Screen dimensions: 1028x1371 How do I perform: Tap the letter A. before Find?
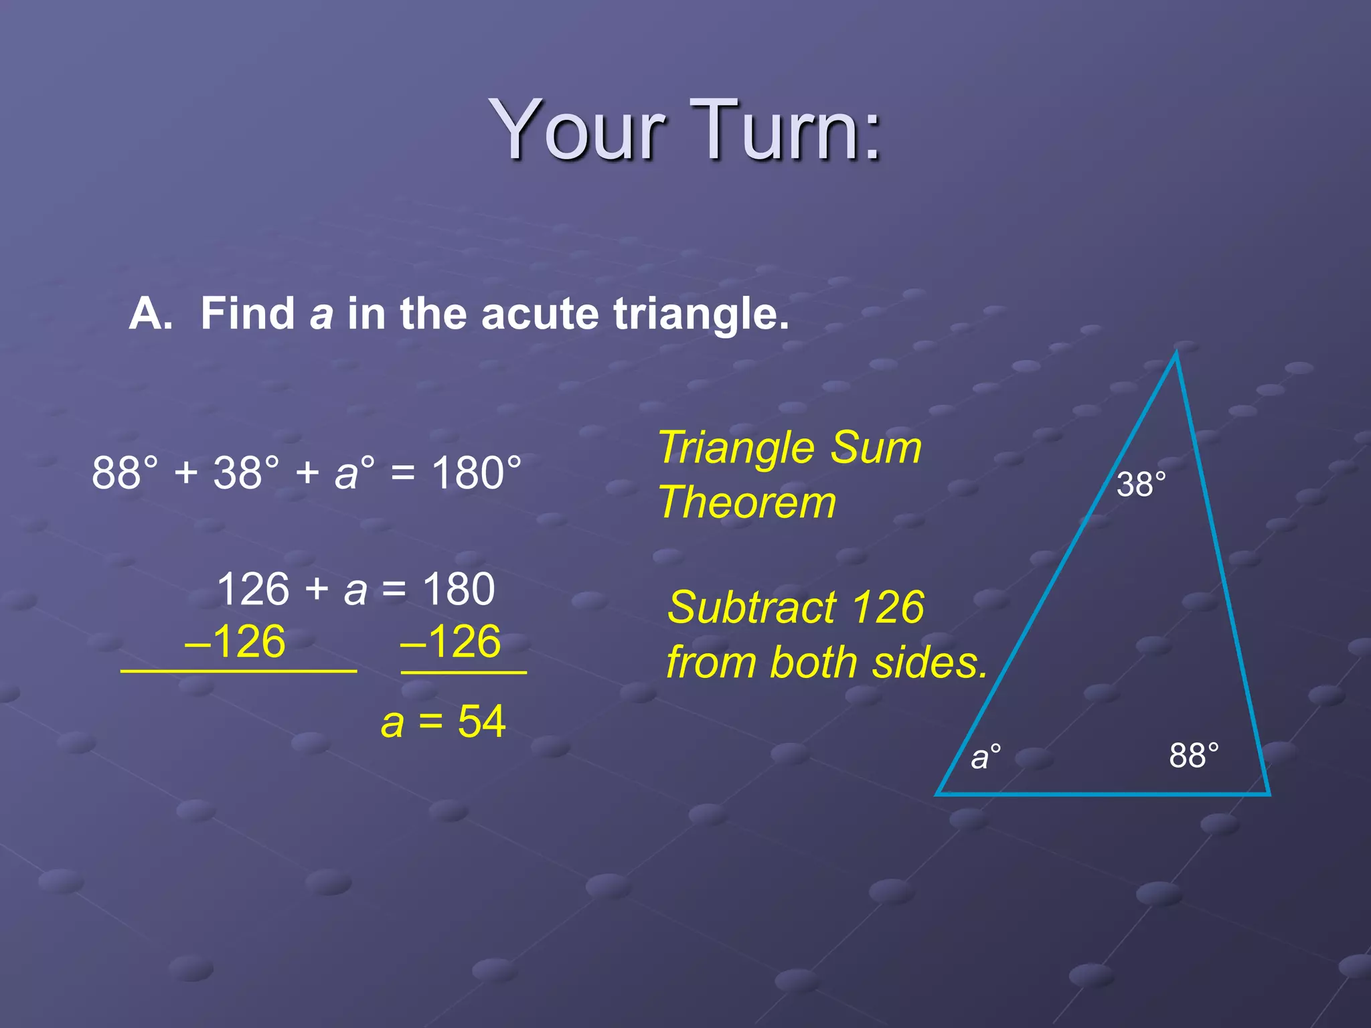click(150, 314)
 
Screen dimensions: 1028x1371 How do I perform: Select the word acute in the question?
click(540, 314)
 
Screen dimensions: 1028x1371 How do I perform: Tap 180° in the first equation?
click(476, 473)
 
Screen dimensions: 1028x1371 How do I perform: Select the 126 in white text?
click(253, 590)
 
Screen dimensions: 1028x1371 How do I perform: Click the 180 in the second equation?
click(459, 590)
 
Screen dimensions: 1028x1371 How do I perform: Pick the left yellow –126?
click(235, 642)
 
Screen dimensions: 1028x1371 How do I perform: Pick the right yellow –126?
click(450, 642)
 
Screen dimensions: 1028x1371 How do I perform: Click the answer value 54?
click(481, 722)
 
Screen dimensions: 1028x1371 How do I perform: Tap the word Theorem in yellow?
click(747, 503)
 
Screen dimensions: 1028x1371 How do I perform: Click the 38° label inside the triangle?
click(1141, 485)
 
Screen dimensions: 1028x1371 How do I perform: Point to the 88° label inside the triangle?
click(1194, 756)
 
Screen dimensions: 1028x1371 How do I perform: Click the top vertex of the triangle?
click(1176, 355)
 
